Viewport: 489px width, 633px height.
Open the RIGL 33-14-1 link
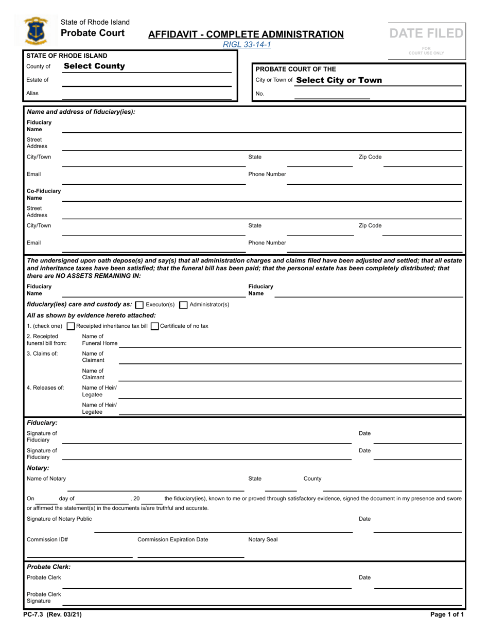coord(247,45)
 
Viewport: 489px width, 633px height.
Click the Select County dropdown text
coord(94,66)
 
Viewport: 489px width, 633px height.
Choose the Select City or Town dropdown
coord(339,80)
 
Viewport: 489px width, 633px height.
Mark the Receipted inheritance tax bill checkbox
coord(71,326)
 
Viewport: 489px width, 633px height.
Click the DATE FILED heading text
coord(426,33)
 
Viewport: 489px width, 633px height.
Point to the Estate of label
coord(38,80)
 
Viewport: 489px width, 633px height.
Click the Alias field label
coord(33,93)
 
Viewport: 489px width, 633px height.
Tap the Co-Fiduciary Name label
coord(43,194)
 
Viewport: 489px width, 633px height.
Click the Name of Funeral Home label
coord(99,340)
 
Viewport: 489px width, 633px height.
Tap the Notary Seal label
coord(263,540)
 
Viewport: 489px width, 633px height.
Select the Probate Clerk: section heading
coord(48,567)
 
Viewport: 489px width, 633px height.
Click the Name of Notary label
coord(46,479)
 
